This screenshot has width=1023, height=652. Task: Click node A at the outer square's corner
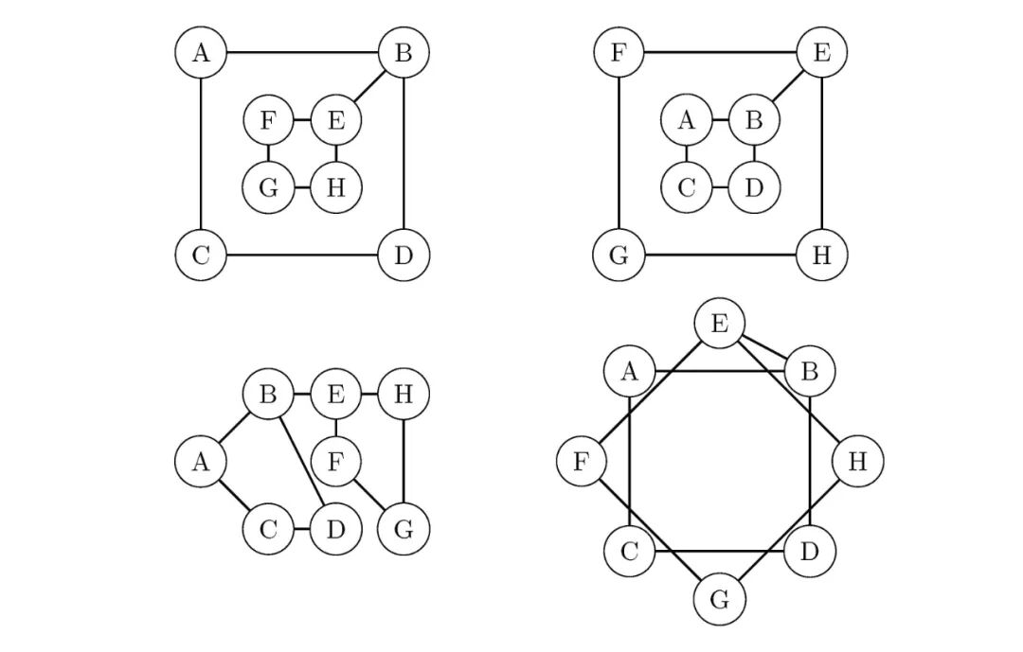click(x=201, y=52)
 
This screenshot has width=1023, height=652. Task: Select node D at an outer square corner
click(x=404, y=256)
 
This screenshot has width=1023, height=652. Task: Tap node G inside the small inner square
click(x=268, y=187)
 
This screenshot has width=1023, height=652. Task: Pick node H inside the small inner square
click(x=335, y=187)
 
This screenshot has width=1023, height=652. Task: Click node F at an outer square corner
click(x=619, y=52)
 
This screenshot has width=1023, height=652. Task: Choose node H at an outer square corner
click(x=821, y=256)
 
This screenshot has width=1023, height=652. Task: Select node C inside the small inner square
click(x=687, y=187)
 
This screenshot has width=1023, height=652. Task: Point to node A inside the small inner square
click(x=687, y=120)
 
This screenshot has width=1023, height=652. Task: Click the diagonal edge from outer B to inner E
click(x=369, y=86)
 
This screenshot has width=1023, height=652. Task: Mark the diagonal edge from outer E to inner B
click(x=788, y=86)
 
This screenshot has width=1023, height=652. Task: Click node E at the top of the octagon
click(x=720, y=325)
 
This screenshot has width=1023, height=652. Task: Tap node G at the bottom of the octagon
click(x=720, y=600)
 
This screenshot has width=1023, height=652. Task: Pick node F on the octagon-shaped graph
click(x=582, y=462)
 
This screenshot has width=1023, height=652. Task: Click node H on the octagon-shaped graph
click(x=857, y=462)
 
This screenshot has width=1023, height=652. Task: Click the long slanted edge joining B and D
click(x=301, y=460)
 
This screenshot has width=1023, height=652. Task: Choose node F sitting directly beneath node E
click(x=335, y=462)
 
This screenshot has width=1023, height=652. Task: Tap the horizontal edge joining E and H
click(x=369, y=394)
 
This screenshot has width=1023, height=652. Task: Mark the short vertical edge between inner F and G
click(x=268, y=153)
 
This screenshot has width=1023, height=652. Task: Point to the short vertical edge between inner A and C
click(x=687, y=153)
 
